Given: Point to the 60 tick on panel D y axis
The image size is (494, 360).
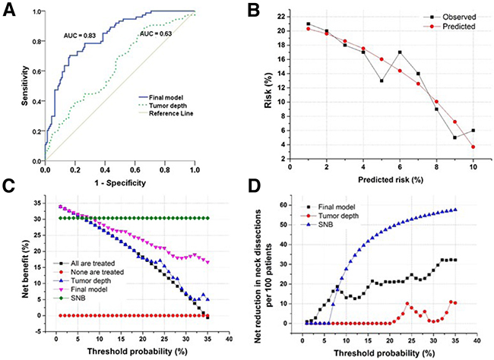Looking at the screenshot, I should [x=284, y=205].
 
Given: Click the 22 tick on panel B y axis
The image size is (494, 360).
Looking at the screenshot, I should [x=283, y=16].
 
